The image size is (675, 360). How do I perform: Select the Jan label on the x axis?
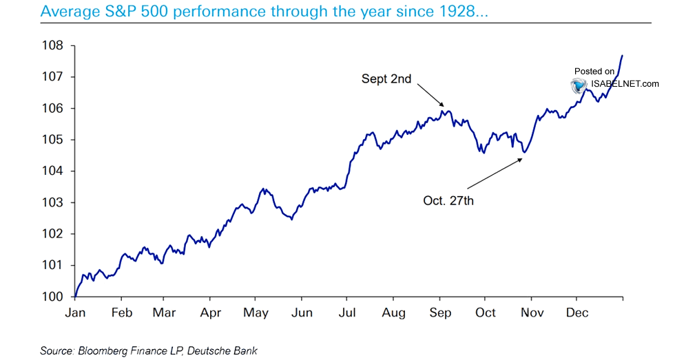coord(75,313)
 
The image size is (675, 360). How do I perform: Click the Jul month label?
coord(347,313)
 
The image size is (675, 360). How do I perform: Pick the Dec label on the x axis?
coord(577,313)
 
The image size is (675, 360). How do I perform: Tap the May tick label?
coord(256,313)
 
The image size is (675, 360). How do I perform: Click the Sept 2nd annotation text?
coord(386,79)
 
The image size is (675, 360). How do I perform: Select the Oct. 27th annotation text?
coord(448,202)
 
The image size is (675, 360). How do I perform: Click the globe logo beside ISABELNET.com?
coord(577,85)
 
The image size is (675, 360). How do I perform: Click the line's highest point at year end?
coord(623,55)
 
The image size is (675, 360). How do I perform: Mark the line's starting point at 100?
coord(74,296)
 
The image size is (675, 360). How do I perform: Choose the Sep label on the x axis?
coord(440,313)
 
